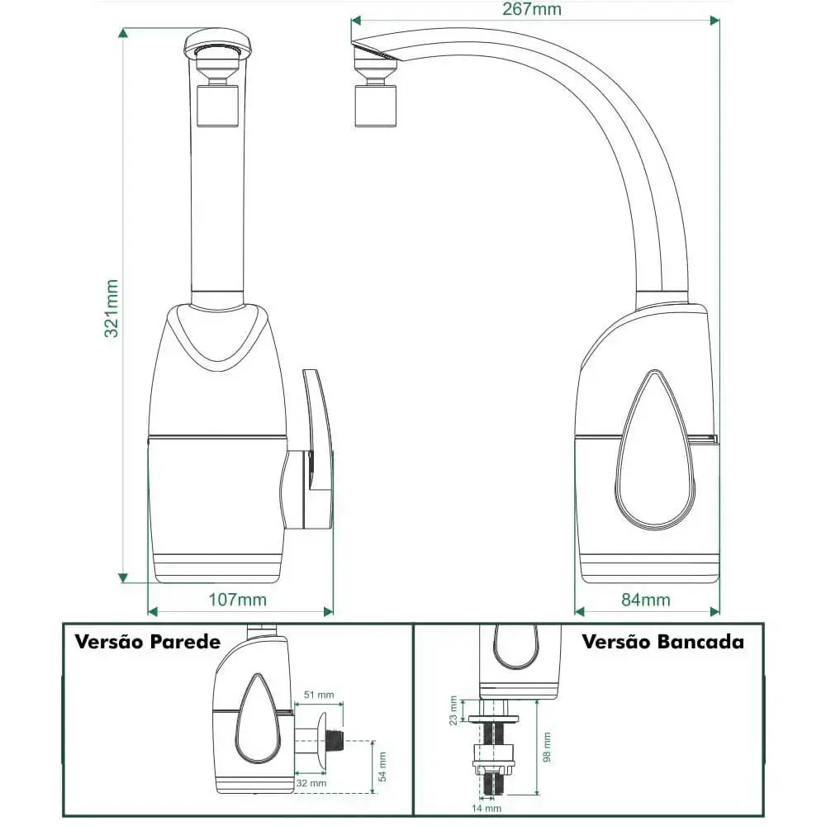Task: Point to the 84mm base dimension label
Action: [x=646, y=599]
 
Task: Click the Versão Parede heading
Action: [x=147, y=642]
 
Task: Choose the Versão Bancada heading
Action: [x=662, y=641]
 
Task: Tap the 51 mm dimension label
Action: [x=318, y=695]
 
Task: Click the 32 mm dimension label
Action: [x=311, y=783]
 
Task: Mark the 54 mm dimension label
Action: [x=382, y=767]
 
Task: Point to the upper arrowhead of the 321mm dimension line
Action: [x=123, y=34]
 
